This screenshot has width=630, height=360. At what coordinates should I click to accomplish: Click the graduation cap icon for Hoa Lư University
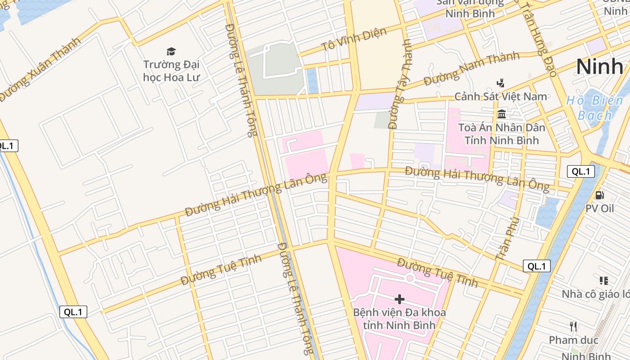pyautogui.click(x=171, y=51)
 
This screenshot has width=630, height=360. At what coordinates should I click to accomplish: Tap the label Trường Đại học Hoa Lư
pyautogui.click(x=171, y=71)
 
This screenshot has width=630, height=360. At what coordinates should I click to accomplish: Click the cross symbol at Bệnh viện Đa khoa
pyautogui.click(x=399, y=299)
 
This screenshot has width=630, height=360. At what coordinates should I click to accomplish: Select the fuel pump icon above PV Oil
pyautogui.click(x=599, y=195)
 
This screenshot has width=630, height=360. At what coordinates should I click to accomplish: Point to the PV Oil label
pyautogui.click(x=599, y=208)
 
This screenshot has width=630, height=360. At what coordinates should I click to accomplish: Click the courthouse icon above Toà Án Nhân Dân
pyautogui.click(x=502, y=114)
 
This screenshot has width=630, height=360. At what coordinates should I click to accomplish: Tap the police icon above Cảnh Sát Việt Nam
pyautogui.click(x=500, y=83)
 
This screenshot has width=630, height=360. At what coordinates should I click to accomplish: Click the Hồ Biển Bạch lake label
pyautogui.click(x=595, y=108)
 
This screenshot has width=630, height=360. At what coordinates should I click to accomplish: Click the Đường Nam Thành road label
pyautogui.click(x=472, y=68)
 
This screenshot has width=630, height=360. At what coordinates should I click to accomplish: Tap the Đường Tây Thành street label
pyautogui.click(x=400, y=85)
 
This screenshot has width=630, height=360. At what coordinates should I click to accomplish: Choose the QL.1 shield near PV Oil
pyautogui.click(x=580, y=171)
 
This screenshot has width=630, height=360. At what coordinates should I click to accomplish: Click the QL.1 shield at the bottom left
pyautogui.click(x=73, y=312)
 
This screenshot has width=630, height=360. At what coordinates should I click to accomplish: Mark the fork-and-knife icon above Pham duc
pyautogui.click(x=573, y=326)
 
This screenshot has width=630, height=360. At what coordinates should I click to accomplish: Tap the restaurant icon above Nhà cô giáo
pyautogui.click(x=604, y=281)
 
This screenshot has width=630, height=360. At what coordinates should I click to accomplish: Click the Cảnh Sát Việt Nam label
pyautogui.click(x=500, y=96)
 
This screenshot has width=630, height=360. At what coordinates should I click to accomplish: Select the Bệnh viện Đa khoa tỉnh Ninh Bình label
pyautogui.click(x=399, y=319)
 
